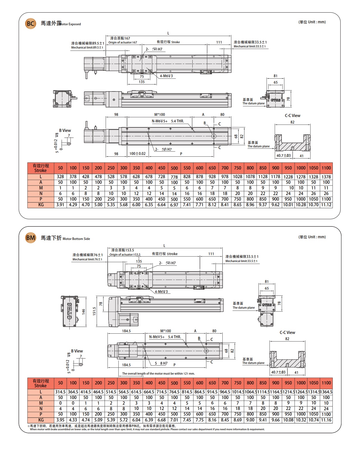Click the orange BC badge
[31, 24]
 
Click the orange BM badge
[31, 238]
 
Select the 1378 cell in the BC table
[326, 177]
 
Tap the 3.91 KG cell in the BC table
[60, 205]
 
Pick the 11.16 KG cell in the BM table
[326, 420]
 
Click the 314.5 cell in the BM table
[60, 392]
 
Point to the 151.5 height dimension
[94, 311]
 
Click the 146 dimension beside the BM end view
[83, 311]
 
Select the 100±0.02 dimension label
[137, 154]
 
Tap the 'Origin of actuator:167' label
[123, 43]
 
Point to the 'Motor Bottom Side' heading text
[76, 239]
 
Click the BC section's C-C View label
[292, 116]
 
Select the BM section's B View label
[77, 351]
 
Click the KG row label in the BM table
[41, 420]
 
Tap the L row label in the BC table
[41, 177]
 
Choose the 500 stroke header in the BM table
[174, 383]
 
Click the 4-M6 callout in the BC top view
[166, 76]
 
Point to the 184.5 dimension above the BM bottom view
[126, 331]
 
